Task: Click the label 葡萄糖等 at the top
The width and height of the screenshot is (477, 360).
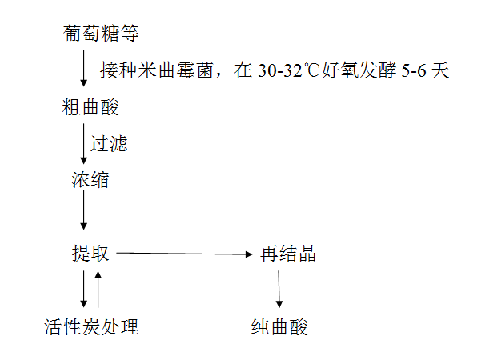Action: pyautogui.click(x=101, y=33)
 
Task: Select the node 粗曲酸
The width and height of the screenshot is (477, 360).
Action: pyautogui.click(x=90, y=107)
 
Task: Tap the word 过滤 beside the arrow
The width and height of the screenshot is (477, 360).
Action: pyautogui.click(x=109, y=144)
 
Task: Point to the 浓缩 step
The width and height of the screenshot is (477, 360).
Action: pyautogui.click(x=90, y=180)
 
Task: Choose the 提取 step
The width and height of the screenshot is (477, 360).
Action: pyautogui.click(x=90, y=254)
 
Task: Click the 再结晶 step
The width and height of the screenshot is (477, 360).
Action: pyautogui.click(x=288, y=254)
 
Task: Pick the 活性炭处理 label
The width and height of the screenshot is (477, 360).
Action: pyautogui.click(x=91, y=327)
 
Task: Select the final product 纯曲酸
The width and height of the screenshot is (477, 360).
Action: pyautogui.click(x=279, y=327)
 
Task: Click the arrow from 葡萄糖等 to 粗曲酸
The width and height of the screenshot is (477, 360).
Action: pyautogui.click(x=84, y=69)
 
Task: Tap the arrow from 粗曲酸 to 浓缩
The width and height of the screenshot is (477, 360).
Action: pyautogui.click(x=84, y=144)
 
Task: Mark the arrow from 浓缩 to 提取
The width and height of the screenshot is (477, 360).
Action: pyautogui.click(x=84, y=210)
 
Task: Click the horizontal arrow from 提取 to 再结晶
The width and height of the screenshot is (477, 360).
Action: pyautogui.click(x=184, y=254)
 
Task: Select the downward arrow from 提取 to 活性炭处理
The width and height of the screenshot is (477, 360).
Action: pyautogui.click(x=84, y=289)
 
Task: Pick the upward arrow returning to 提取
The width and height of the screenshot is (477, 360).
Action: pyautogui.click(x=98, y=289)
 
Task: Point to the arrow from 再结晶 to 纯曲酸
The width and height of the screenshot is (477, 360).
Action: pyautogui.click(x=279, y=289)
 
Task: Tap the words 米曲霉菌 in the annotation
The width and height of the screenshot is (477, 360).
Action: pyautogui.click(x=175, y=70)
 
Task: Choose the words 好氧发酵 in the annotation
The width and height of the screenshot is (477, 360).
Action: pyautogui.click(x=359, y=70)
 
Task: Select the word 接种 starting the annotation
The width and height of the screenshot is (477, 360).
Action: pyautogui.click(x=118, y=70)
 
